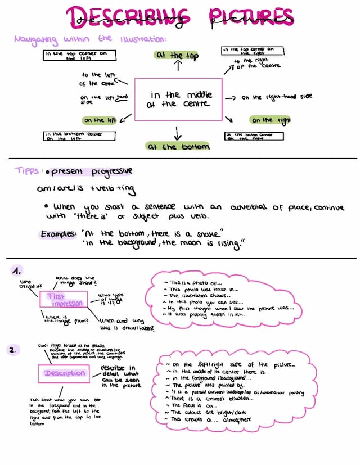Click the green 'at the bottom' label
(x=178, y=147)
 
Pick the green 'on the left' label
(x=100, y=120)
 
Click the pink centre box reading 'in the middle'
(x=178, y=100)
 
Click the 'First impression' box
(x=62, y=300)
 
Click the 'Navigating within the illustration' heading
(x=90, y=39)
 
